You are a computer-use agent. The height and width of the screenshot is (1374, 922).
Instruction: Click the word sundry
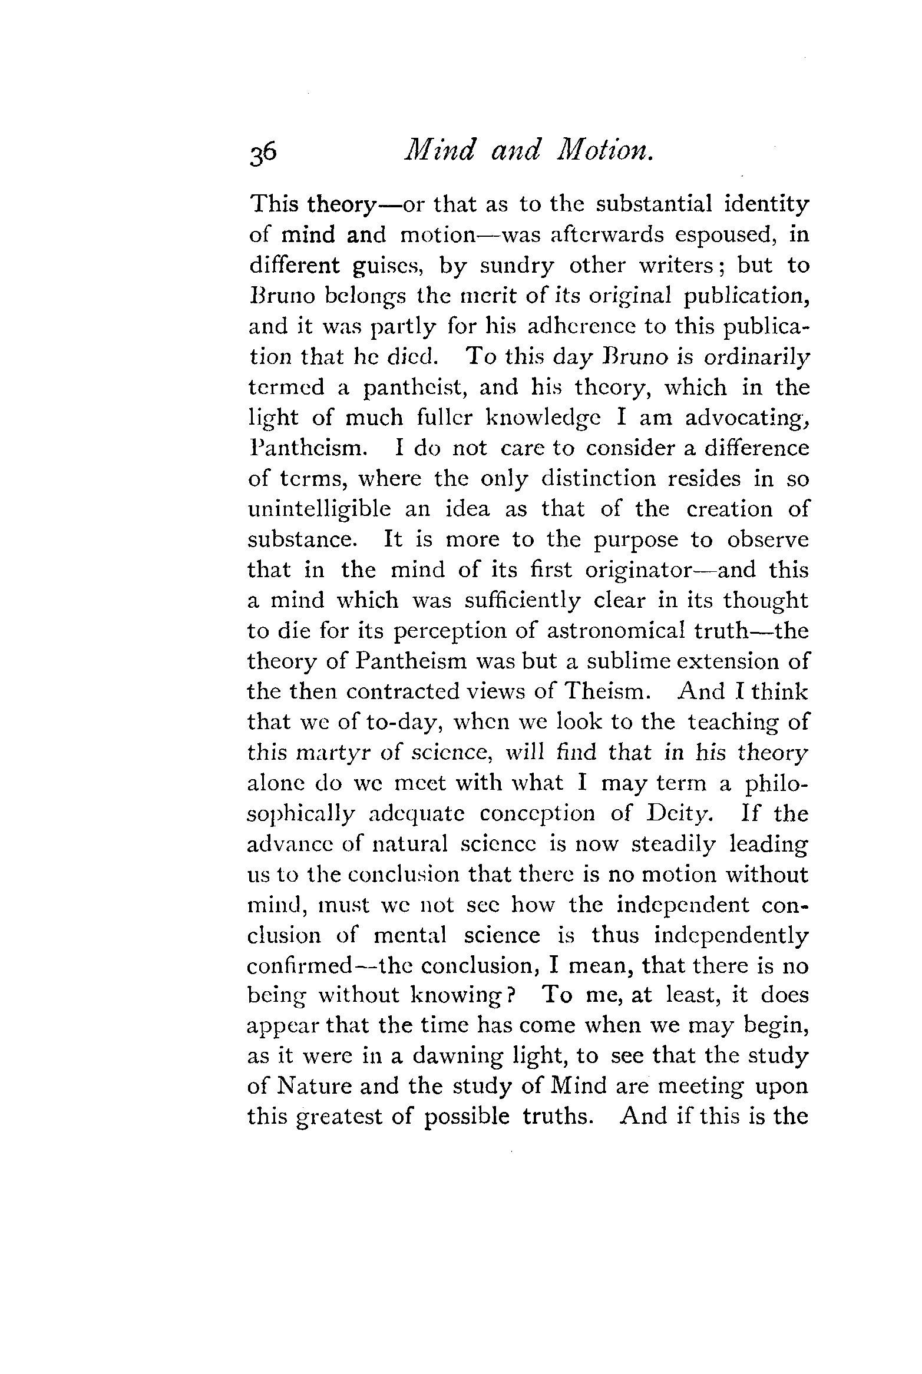[x=517, y=266]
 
